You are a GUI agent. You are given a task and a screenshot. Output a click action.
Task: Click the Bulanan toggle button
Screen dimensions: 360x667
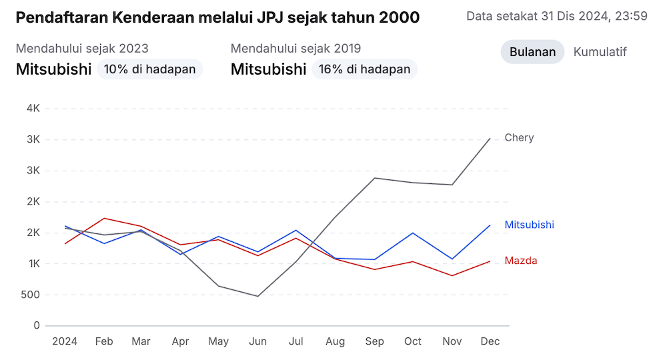532,52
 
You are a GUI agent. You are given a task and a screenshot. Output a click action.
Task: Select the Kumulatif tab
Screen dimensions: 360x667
600,52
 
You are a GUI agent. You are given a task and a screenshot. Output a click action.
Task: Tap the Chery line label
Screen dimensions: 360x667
519,138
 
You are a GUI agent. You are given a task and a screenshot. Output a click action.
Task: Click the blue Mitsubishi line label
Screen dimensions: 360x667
529,225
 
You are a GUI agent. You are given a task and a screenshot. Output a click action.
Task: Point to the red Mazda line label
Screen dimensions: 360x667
520,261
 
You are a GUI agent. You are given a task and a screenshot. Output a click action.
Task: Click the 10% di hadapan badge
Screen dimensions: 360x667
149,69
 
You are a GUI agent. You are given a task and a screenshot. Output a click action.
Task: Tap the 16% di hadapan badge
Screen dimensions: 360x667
364,69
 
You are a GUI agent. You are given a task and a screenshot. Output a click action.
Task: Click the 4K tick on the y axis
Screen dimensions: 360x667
33,108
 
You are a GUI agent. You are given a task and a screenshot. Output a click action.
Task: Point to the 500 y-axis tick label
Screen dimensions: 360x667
31,295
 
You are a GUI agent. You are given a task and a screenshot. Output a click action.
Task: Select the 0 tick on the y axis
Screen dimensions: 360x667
37,326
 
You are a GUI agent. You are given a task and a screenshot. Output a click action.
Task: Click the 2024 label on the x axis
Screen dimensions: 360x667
65,341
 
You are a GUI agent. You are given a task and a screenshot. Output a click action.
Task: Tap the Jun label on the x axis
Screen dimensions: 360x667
257,341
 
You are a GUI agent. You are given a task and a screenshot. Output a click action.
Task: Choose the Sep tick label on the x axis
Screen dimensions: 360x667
374,341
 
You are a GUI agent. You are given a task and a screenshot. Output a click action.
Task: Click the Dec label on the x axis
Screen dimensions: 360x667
490,341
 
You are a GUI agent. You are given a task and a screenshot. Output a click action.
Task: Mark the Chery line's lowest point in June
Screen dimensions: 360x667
257,296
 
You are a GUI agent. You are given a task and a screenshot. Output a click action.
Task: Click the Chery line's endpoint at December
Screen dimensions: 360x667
490,139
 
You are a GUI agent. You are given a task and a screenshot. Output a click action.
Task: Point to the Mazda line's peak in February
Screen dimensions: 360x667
103,218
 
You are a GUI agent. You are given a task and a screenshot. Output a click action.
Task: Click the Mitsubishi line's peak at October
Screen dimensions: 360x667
413,233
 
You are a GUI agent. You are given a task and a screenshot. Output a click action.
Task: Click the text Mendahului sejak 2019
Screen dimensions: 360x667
295,49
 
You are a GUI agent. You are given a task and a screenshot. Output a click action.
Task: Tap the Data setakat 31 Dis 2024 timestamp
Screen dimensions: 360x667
557,16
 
